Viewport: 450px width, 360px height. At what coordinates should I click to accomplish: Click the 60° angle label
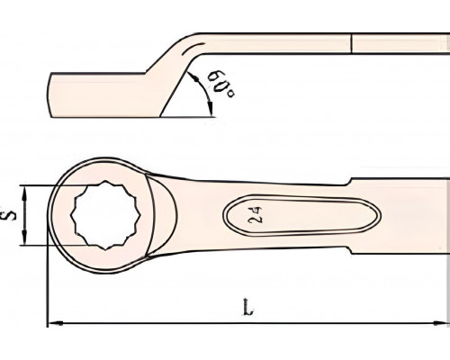221,84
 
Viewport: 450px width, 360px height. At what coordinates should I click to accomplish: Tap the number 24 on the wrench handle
256,215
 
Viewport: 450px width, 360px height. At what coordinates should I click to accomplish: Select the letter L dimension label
247,307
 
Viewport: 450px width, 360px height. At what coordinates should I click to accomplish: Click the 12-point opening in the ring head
105,215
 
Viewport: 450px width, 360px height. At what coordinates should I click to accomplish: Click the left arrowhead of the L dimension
56,323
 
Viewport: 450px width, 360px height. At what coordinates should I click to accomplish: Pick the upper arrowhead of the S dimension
24,193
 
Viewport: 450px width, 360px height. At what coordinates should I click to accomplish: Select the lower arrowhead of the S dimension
24,237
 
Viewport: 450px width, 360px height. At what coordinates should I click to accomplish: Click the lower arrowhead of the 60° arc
211,108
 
